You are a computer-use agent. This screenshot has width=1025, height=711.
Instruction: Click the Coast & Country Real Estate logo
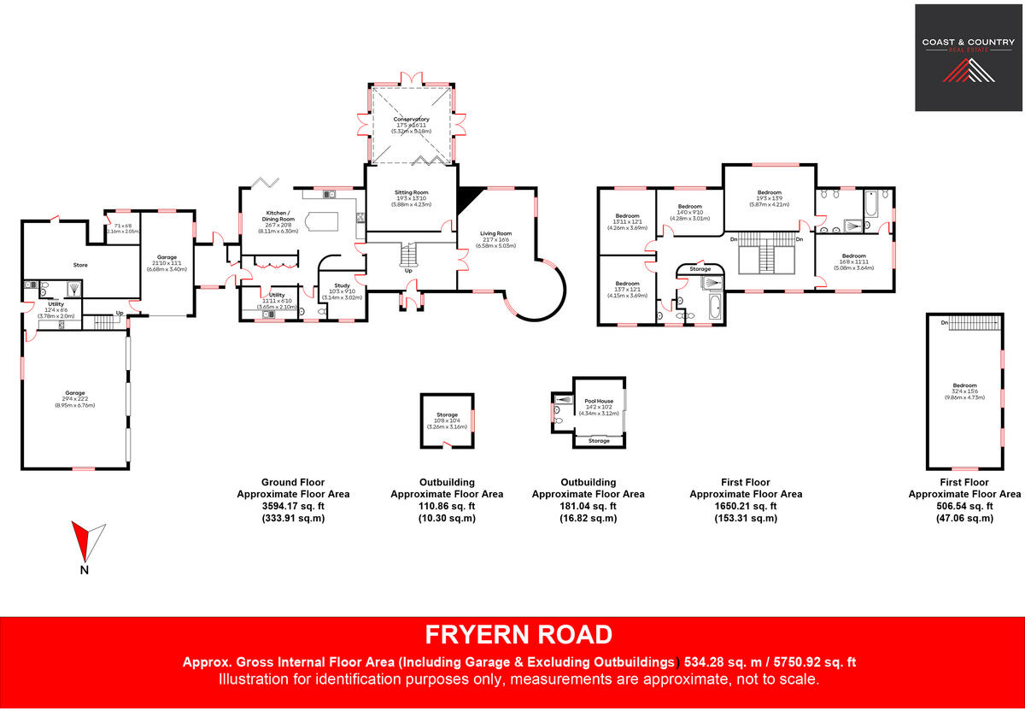(x=968, y=57)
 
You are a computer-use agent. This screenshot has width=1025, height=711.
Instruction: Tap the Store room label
(x=79, y=265)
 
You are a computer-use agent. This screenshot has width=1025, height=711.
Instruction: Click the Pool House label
(x=599, y=402)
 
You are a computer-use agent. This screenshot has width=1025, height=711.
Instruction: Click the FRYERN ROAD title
(x=518, y=635)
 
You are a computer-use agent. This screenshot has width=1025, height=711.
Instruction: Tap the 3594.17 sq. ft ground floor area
(x=293, y=506)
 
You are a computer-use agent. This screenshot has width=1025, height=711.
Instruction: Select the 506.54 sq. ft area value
(x=964, y=506)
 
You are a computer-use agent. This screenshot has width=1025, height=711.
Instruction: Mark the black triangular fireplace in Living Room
(x=466, y=199)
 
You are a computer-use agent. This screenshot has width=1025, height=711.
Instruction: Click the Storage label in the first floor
(x=700, y=269)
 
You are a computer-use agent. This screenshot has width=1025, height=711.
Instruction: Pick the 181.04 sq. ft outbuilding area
(x=588, y=506)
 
